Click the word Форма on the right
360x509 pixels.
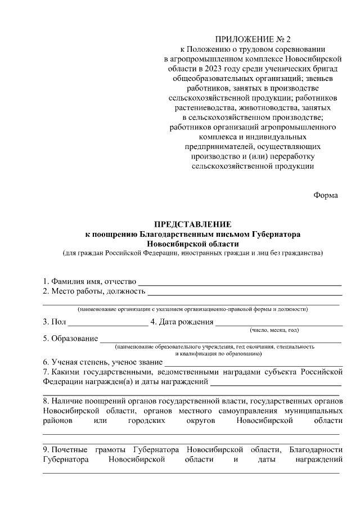(x=326, y=195)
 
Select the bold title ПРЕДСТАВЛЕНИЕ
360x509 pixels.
(x=192, y=224)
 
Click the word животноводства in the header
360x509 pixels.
(x=263, y=107)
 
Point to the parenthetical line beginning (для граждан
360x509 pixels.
(x=192, y=253)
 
